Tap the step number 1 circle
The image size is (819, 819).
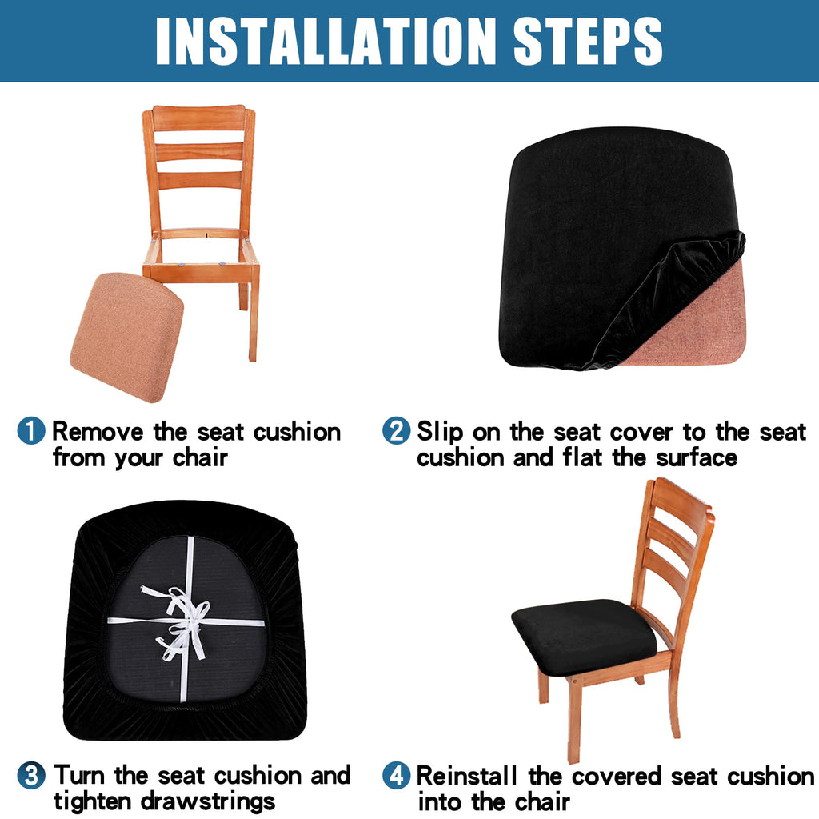[x=31, y=432]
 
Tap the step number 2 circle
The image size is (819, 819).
[x=396, y=432]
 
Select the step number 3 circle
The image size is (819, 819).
[x=31, y=775]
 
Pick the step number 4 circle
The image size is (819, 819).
[x=396, y=775]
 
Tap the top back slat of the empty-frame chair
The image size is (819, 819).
[x=199, y=118]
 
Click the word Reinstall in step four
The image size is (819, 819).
[x=469, y=776]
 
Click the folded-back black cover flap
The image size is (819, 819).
[x=672, y=296]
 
